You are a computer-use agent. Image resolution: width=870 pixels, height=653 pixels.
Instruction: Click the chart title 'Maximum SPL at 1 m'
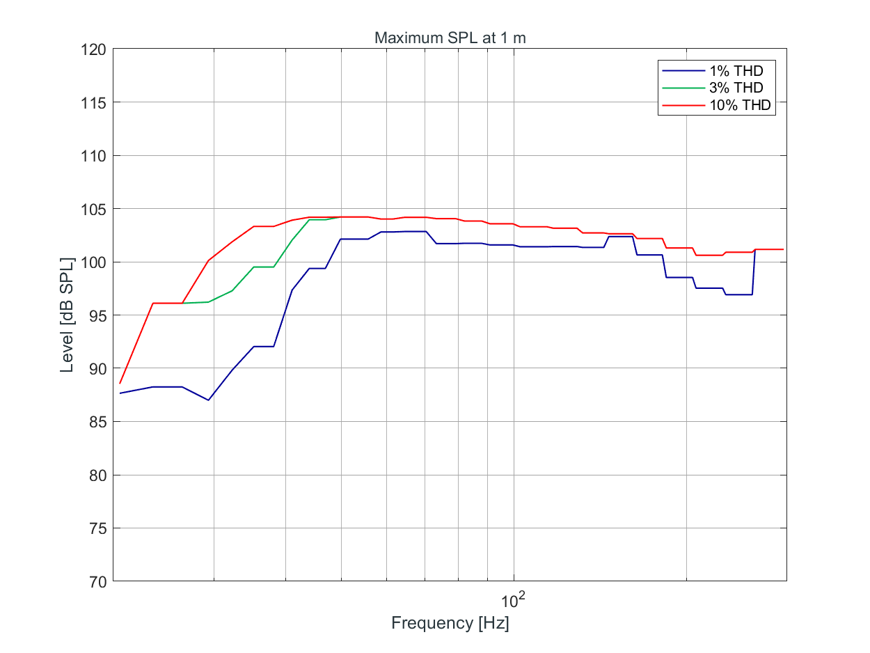pyautogui.click(x=450, y=38)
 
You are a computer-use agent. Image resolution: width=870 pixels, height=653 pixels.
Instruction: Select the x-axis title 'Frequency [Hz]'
pyautogui.click(x=450, y=623)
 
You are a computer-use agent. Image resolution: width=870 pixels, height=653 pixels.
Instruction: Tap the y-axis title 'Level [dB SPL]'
pyautogui.click(x=67, y=315)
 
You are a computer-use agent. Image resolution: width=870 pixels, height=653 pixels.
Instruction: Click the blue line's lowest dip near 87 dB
pyautogui.click(x=208, y=400)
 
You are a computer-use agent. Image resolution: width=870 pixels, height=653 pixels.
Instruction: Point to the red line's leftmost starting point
pyautogui.click(x=120, y=383)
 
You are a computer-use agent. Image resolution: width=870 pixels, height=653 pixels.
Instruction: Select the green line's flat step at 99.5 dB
pyautogui.click(x=264, y=267)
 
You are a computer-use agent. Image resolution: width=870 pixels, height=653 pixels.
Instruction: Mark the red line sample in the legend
pyautogui.click(x=682, y=105)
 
